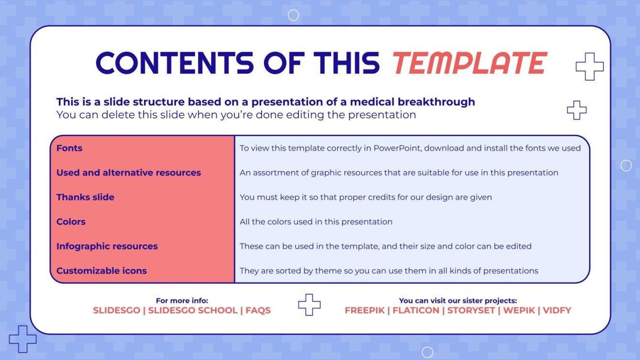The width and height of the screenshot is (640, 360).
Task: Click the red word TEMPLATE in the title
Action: [x=469, y=63]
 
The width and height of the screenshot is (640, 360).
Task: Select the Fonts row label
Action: [x=69, y=148]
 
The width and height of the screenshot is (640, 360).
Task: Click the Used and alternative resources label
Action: [x=129, y=173]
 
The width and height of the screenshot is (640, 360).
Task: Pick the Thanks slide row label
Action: [x=85, y=197]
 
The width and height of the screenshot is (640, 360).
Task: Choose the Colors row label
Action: [x=71, y=222]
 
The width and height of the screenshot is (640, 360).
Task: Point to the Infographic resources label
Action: [x=107, y=246]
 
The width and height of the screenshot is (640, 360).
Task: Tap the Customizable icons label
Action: [x=101, y=271]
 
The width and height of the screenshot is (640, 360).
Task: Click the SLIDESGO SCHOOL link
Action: [x=193, y=310]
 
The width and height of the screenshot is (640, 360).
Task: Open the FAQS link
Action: [x=258, y=310]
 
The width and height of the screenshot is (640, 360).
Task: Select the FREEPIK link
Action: [x=364, y=310]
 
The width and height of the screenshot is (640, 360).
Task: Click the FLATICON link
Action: [x=416, y=310]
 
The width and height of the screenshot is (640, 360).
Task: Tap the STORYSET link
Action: [x=471, y=310]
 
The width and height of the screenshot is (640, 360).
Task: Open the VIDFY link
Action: [x=557, y=310]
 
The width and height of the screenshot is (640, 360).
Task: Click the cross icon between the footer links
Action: [x=309, y=305]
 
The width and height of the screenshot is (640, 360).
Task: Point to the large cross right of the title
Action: [x=589, y=66]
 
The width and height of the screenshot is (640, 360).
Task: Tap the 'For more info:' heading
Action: [x=182, y=301]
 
